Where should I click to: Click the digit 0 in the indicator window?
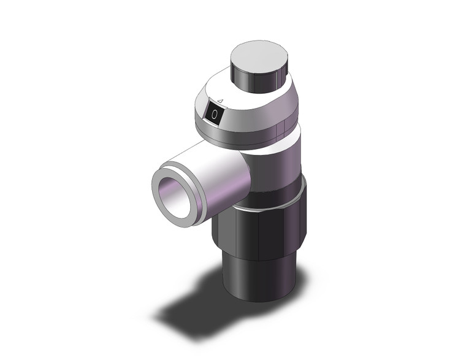pos(213,115)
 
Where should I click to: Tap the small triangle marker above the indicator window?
pos(220,101)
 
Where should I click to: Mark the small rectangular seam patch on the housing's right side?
pos(280,128)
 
